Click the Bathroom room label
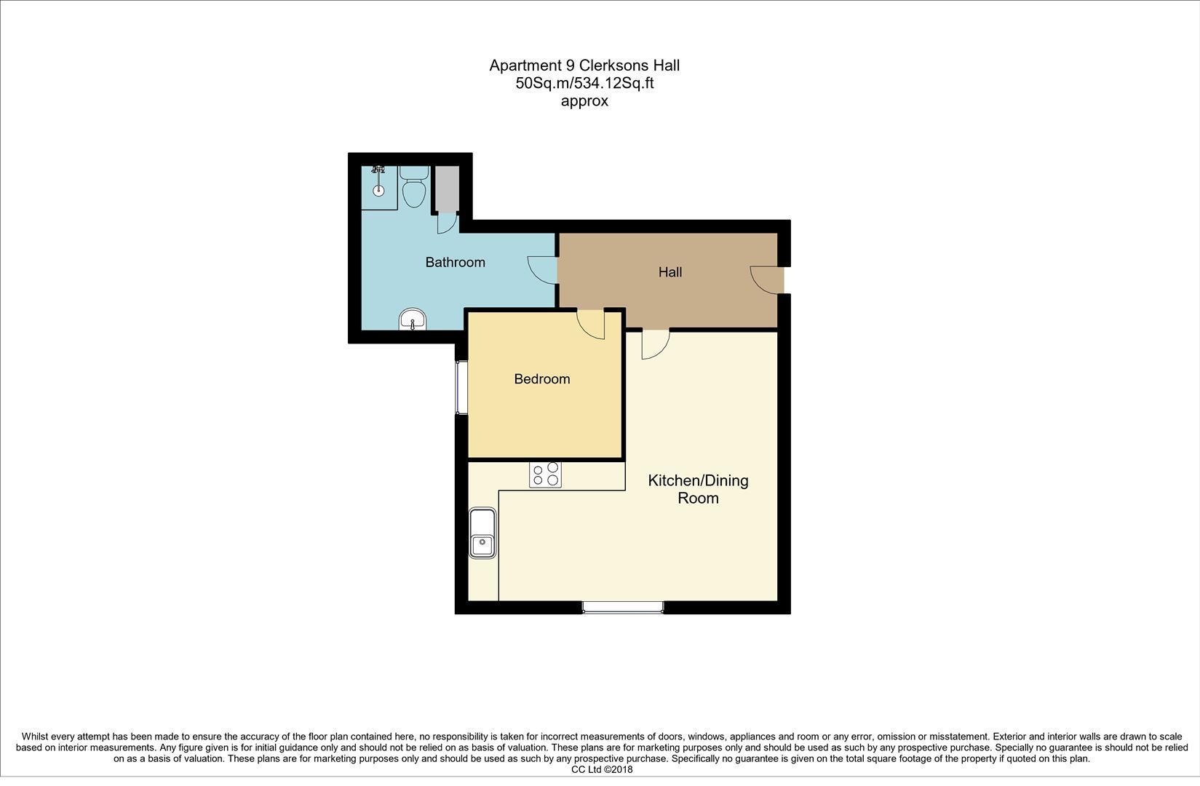(x=455, y=262)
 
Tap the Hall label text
(x=669, y=272)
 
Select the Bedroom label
(x=541, y=379)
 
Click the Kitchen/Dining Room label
(x=698, y=489)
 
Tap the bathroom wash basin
(x=413, y=319)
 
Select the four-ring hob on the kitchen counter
(x=545, y=475)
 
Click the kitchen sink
(x=482, y=533)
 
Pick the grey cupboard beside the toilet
(x=446, y=189)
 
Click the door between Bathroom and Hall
(x=542, y=269)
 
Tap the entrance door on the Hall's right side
(x=766, y=280)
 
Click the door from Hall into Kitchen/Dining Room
(x=655, y=344)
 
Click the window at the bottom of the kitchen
(x=623, y=606)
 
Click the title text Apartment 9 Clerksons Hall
(x=584, y=65)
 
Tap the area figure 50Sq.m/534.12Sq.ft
(x=584, y=83)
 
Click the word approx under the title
(x=584, y=101)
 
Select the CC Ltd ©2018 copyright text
(x=602, y=769)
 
